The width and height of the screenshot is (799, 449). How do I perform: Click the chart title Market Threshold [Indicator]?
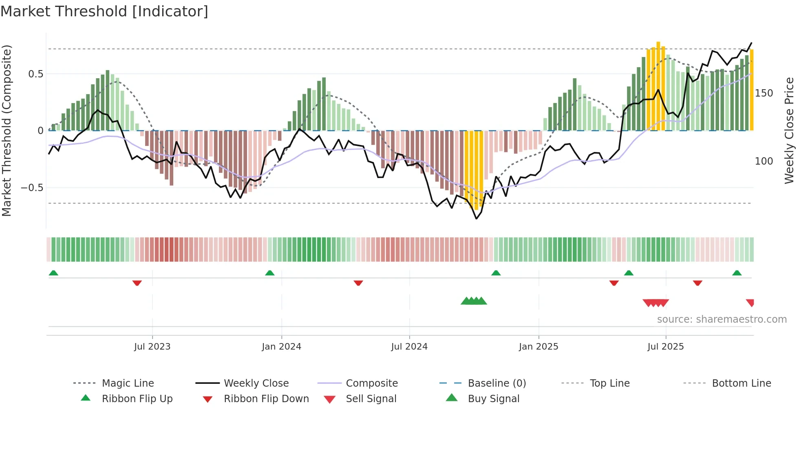104,11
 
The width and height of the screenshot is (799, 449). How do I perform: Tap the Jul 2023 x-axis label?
152,347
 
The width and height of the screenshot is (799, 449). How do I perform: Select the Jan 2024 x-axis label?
281,347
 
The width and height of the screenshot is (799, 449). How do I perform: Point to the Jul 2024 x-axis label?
409,347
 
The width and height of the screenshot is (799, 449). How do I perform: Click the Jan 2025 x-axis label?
539,347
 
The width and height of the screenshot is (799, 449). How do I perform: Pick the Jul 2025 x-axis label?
665,347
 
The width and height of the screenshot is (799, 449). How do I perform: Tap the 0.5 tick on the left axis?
35,74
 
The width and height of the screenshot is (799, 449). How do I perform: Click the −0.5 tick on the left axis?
32,188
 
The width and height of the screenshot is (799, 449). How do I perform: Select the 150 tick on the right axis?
764,93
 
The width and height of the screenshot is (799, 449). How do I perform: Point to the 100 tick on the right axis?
764,161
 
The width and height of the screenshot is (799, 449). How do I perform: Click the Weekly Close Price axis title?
789,130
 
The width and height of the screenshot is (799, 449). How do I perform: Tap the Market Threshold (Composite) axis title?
7,130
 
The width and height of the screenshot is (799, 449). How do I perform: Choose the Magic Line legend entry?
128,383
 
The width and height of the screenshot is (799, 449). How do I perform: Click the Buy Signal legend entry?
493,399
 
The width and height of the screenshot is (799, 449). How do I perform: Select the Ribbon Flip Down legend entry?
266,399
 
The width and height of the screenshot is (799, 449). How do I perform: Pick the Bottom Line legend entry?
741,383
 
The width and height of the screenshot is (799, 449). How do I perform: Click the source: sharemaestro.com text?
722,319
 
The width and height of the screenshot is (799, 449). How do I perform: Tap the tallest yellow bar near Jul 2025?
658,86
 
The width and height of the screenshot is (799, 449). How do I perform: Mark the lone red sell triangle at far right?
750,303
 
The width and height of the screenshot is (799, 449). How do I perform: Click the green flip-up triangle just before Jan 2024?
269,273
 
